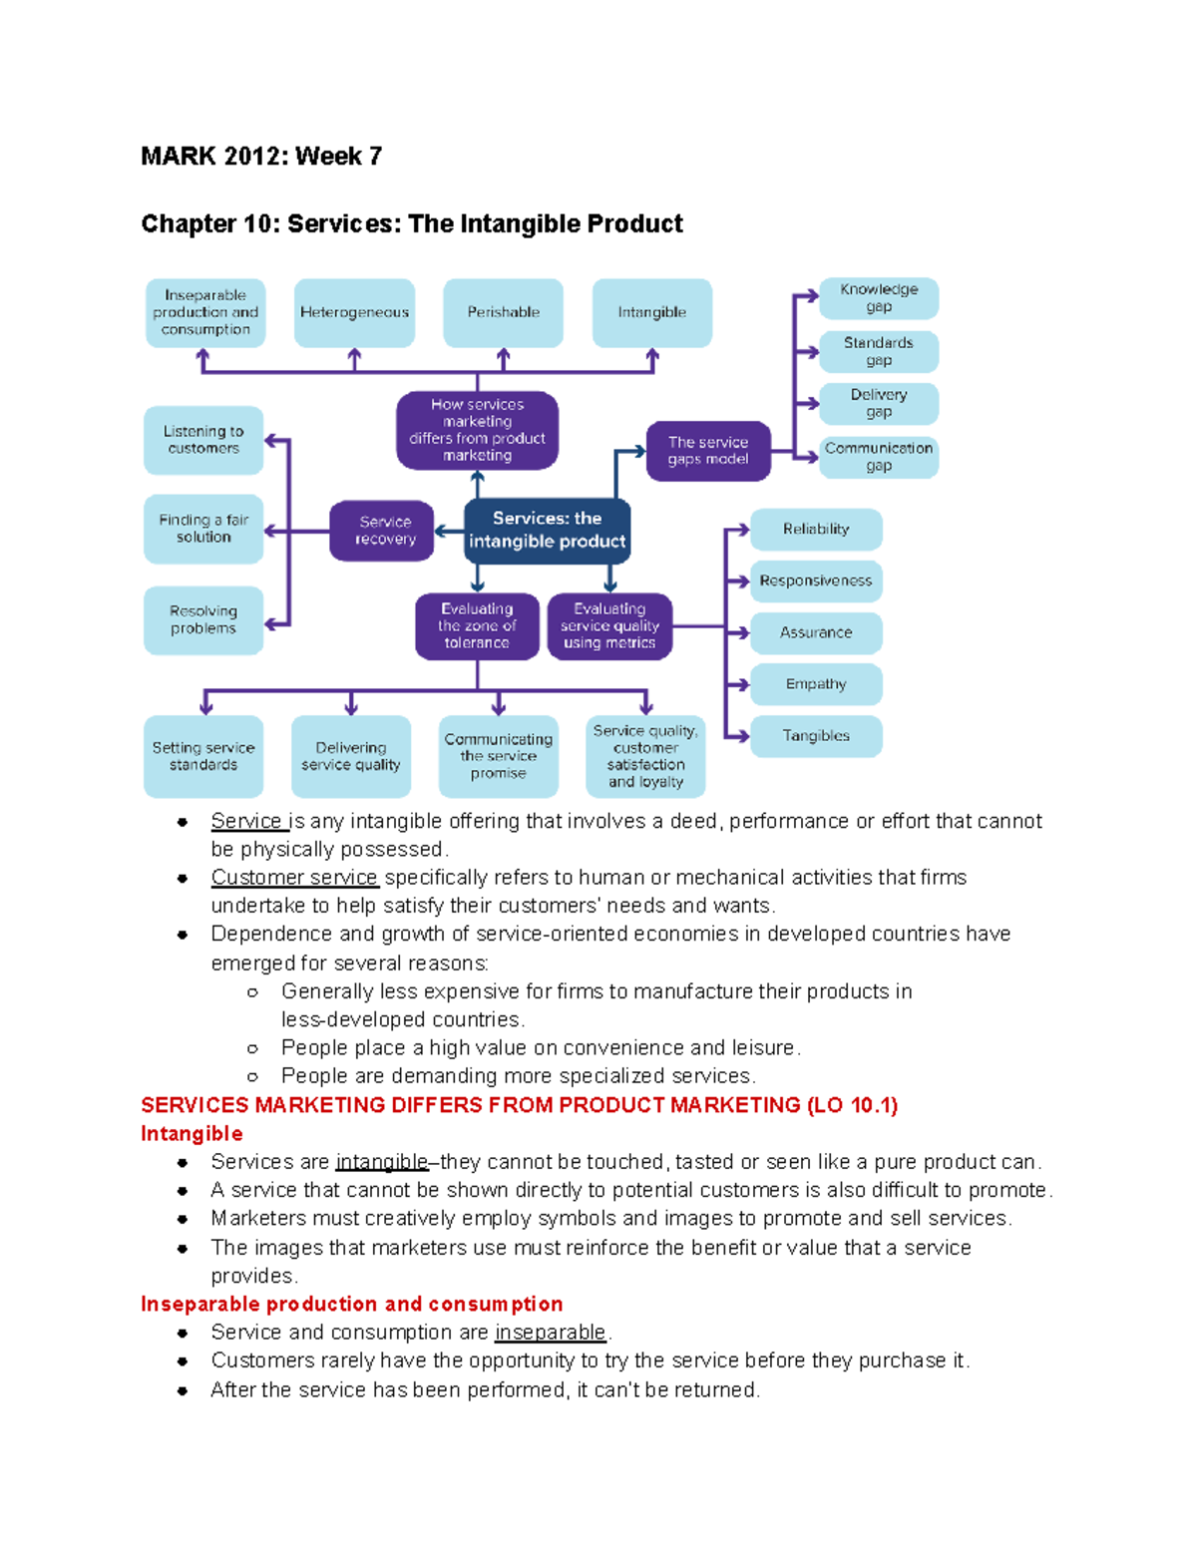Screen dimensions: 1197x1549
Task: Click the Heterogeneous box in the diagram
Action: point(354,313)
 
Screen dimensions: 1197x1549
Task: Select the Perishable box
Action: point(504,313)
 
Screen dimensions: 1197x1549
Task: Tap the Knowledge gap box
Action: point(879,298)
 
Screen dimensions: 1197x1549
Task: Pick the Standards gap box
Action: point(879,351)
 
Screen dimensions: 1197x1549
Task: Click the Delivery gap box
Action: point(879,404)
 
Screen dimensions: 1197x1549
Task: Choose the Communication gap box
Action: point(879,457)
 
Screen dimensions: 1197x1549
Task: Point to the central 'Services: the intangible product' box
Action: point(547,531)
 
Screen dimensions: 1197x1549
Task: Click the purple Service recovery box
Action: point(381,531)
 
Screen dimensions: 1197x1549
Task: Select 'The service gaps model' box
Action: point(708,451)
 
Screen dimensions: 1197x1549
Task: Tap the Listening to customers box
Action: point(203,441)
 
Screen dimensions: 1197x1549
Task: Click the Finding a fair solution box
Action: point(203,529)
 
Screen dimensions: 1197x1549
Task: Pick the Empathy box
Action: point(816,684)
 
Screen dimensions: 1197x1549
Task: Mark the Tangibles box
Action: point(816,736)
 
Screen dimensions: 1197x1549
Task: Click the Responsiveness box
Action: point(816,581)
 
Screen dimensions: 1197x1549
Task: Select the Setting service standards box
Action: point(203,756)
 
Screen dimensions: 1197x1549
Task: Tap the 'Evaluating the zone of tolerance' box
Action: point(477,625)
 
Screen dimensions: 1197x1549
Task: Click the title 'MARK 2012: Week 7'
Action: point(261,157)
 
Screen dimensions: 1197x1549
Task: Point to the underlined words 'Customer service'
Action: point(293,878)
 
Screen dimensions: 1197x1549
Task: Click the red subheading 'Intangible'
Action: point(192,1133)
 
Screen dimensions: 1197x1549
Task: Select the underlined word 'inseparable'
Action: point(551,1333)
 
